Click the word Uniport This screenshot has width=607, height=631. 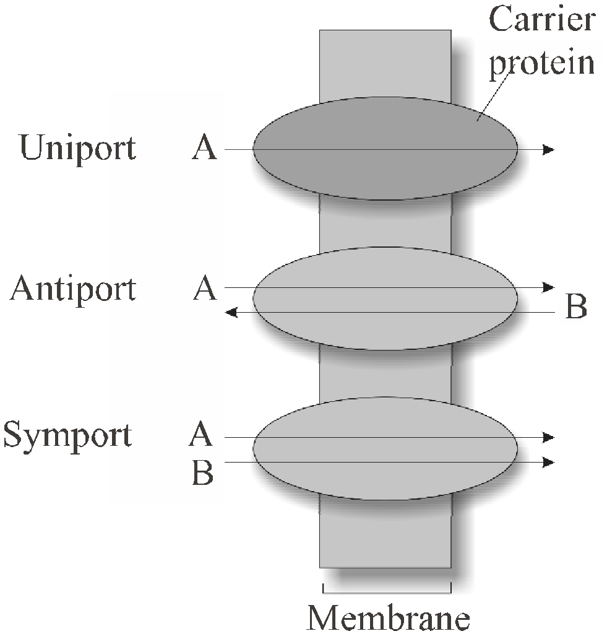[x=78, y=147]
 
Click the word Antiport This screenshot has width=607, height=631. [x=73, y=288]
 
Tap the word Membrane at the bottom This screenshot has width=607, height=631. [x=388, y=617]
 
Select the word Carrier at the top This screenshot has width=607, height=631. [x=542, y=20]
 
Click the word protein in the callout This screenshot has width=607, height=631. [x=542, y=63]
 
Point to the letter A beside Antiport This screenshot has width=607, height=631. [x=205, y=288]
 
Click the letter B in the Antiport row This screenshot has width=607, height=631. [x=576, y=307]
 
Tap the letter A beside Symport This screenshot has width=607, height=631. [x=201, y=435]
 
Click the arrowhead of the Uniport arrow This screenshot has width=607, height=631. [x=548, y=149]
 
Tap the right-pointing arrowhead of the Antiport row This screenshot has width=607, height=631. [x=548, y=287]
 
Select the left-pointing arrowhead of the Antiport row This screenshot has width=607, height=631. [x=231, y=313]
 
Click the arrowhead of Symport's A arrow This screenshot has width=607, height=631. [x=548, y=438]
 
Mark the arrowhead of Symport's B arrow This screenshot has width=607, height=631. [x=548, y=462]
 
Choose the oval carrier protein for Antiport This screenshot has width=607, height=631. [x=385, y=328]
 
